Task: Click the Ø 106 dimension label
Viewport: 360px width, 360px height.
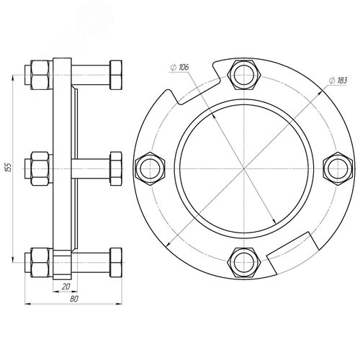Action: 179,68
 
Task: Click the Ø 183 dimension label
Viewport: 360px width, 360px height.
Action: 338,81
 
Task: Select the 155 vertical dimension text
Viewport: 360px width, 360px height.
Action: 9,168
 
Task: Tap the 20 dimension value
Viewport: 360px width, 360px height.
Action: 66,287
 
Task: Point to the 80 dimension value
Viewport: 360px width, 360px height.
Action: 74,299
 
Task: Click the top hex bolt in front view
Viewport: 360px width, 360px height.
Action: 244,75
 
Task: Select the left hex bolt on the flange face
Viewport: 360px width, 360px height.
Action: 150,168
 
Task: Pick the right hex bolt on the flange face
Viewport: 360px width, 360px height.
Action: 338,168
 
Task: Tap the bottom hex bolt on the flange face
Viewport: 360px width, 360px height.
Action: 244,263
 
